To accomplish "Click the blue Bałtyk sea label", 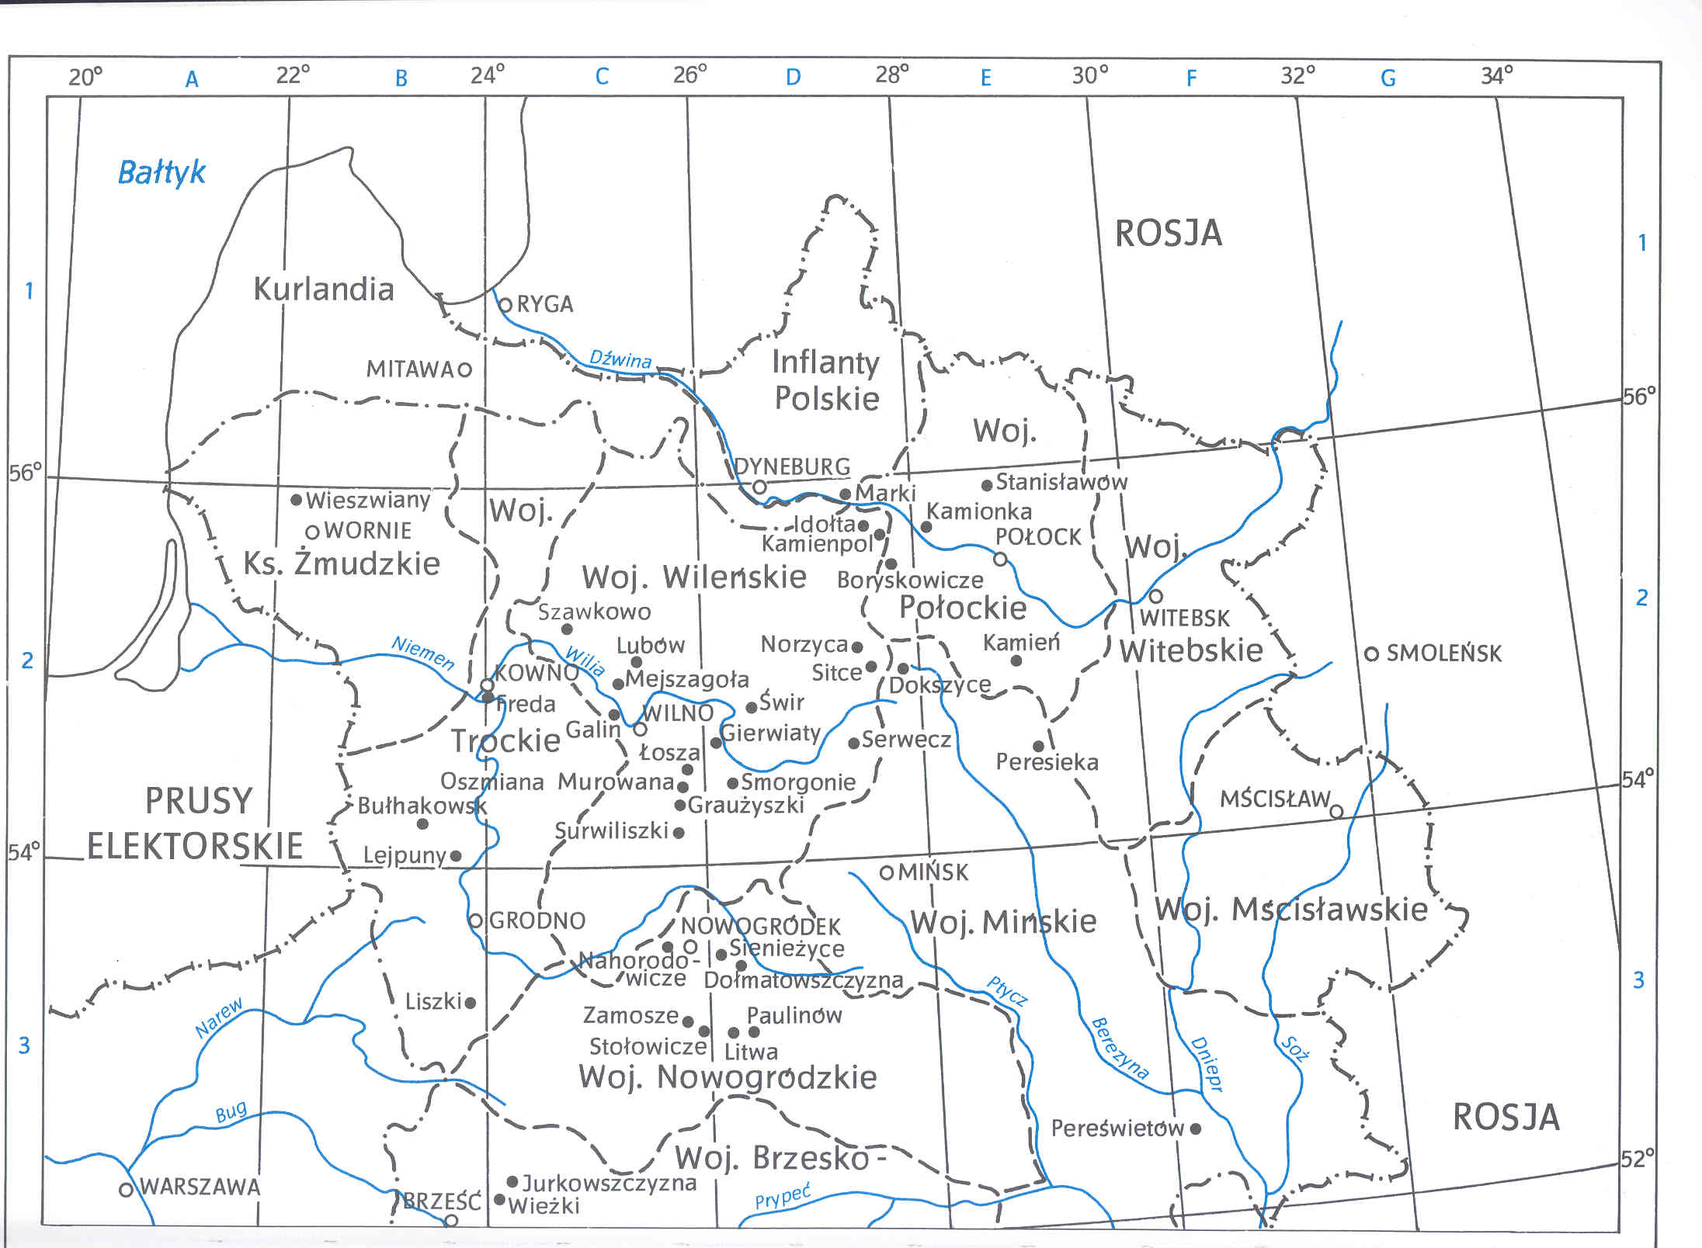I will [x=162, y=172].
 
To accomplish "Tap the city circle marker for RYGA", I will [x=505, y=304].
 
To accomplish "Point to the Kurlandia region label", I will [x=324, y=289].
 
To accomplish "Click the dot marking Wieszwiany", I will [x=296, y=500].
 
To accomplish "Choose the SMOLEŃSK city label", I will [x=1443, y=653].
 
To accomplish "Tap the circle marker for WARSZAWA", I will [x=126, y=1190].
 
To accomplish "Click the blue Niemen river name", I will [x=422, y=653].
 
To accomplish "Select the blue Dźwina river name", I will [x=620, y=359].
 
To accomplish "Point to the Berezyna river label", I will [x=1120, y=1049].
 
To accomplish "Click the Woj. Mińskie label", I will [x=1003, y=922].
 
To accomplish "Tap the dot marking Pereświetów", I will [x=1196, y=1128].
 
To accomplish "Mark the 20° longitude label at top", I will [x=85, y=77].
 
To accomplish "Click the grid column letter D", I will [x=793, y=78].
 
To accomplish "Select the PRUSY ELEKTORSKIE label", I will [x=196, y=823].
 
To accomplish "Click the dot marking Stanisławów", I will [x=987, y=485].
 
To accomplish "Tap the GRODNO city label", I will [x=537, y=921].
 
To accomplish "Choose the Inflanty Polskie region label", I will [x=825, y=380].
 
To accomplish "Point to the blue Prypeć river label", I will [x=783, y=1197].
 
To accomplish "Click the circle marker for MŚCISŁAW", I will [x=1336, y=812].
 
